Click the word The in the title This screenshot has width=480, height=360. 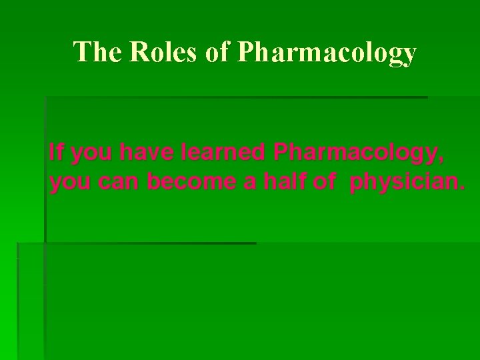pyautogui.click(x=96, y=52)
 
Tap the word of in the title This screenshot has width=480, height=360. pyautogui.click(x=217, y=52)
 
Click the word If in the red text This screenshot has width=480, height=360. pyautogui.click(x=55, y=153)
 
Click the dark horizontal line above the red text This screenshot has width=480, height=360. pyautogui.click(x=237, y=97)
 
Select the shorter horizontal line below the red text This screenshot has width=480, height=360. pyautogui.click(x=150, y=243)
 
